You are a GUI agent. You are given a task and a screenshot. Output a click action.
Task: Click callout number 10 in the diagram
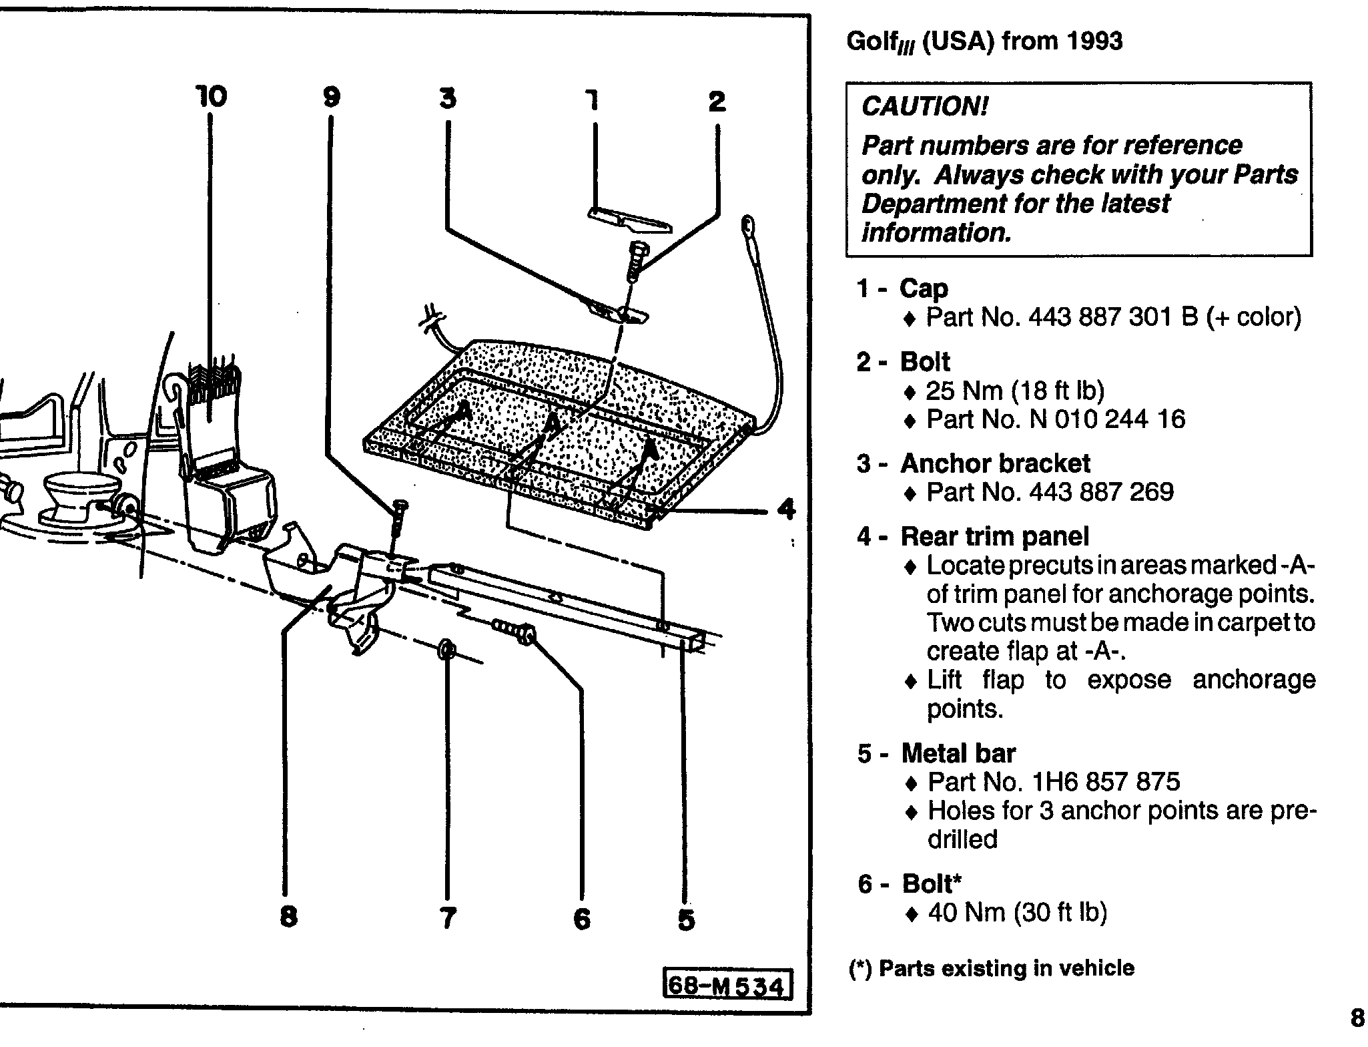click(x=212, y=97)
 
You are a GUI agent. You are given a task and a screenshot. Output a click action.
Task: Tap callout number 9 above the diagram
click(x=332, y=97)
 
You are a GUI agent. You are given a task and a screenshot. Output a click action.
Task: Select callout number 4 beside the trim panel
click(x=787, y=509)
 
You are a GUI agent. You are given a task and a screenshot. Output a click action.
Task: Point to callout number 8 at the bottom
click(x=288, y=916)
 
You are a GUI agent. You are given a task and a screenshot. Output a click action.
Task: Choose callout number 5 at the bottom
click(x=686, y=919)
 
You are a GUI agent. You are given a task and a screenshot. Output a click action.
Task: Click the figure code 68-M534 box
click(x=726, y=986)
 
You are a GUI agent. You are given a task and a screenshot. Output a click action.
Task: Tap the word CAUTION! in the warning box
click(x=924, y=106)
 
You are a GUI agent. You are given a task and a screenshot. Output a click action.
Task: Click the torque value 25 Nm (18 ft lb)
click(x=1015, y=391)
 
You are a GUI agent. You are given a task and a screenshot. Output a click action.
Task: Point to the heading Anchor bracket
click(x=995, y=463)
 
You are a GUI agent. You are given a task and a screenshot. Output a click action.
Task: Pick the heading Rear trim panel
click(x=994, y=536)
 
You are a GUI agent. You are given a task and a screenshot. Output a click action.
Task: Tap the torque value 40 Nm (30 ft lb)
click(x=1018, y=912)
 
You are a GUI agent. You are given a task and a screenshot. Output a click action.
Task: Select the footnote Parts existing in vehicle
click(x=992, y=968)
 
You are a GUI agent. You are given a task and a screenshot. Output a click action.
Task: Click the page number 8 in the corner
click(x=1357, y=1018)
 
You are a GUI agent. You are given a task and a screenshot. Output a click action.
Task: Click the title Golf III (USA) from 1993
click(x=984, y=41)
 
